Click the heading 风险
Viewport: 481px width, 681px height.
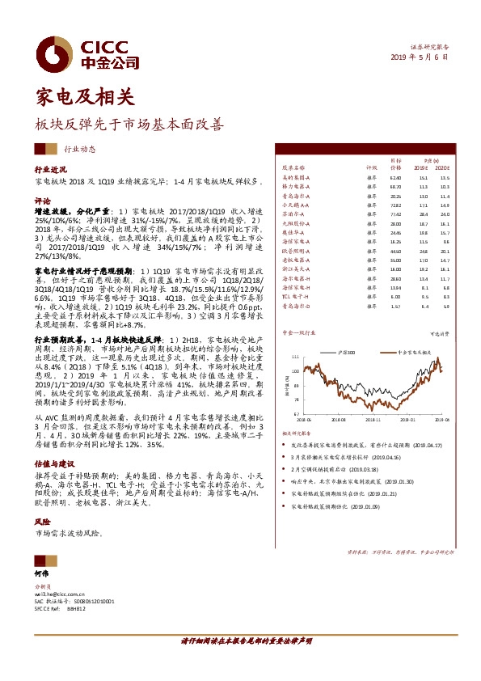pyautogui.click(x=42, y=522)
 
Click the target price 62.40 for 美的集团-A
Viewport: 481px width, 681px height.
pyautogui.click(x=396, y=177)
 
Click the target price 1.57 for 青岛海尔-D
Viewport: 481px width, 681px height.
pyautogui.click(x=396, y=306)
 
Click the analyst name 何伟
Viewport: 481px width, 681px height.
pyautogui.click(x=42, y=573)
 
